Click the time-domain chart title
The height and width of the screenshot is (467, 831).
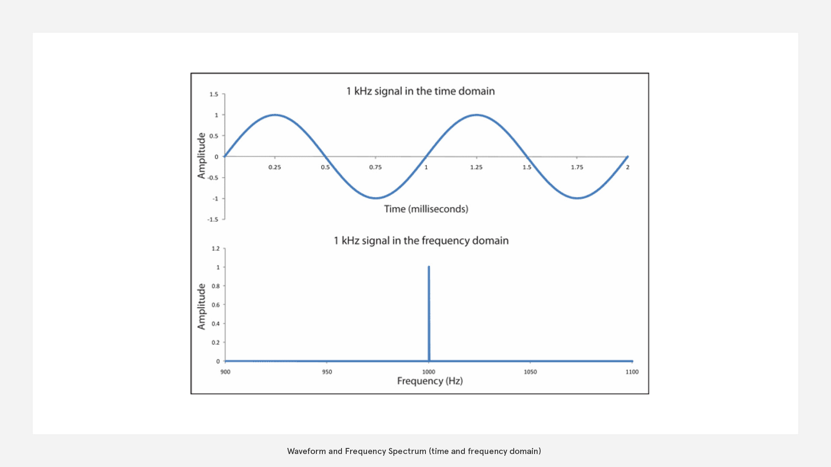point(420,91)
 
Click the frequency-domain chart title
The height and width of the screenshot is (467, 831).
point(421,241)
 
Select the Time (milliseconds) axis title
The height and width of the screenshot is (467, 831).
point(426,209)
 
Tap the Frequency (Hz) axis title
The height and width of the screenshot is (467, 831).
point(430,381)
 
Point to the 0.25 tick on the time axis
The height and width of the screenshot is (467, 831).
point(274,167)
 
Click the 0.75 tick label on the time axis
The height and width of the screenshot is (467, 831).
point(375,167)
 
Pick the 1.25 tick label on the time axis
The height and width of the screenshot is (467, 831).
point(476,167)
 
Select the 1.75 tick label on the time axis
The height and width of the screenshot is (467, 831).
point(577,167)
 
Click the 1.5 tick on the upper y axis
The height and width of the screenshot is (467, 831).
point(214,94)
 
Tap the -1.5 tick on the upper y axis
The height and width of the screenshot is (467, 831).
point(213,220)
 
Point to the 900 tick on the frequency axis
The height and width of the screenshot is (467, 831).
point(225,372)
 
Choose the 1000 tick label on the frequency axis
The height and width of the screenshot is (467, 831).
point(428,372)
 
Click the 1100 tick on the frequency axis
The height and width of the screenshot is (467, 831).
point(632,372)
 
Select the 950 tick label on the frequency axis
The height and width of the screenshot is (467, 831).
point(327,372)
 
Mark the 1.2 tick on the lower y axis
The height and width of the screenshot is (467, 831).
point(216,249)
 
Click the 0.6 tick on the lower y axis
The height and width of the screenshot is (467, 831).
point(216,305)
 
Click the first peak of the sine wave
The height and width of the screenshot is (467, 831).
point(275,115)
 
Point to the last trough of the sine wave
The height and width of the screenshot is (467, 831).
point(577,198)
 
